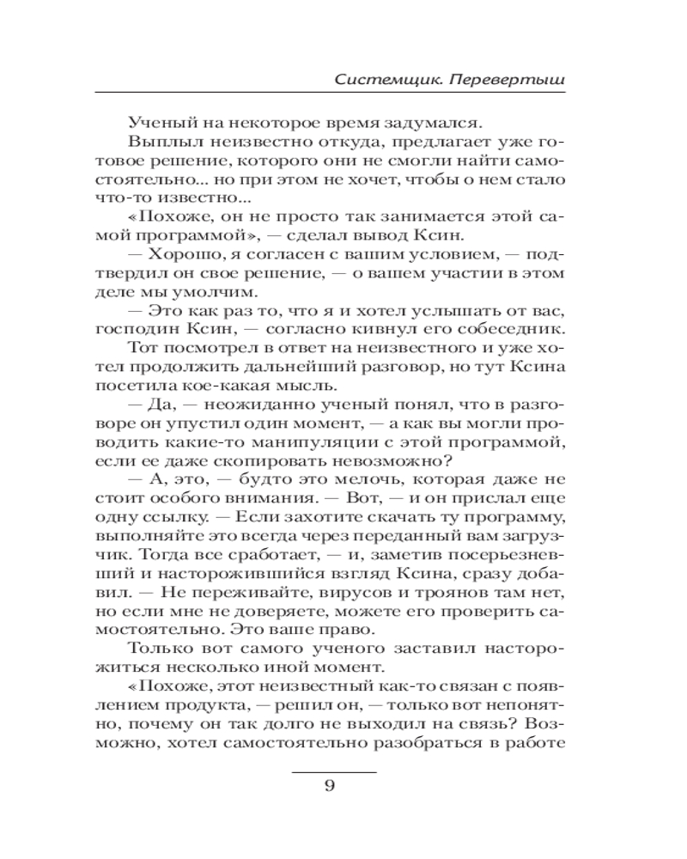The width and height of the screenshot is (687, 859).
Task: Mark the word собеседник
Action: [513, 329]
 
